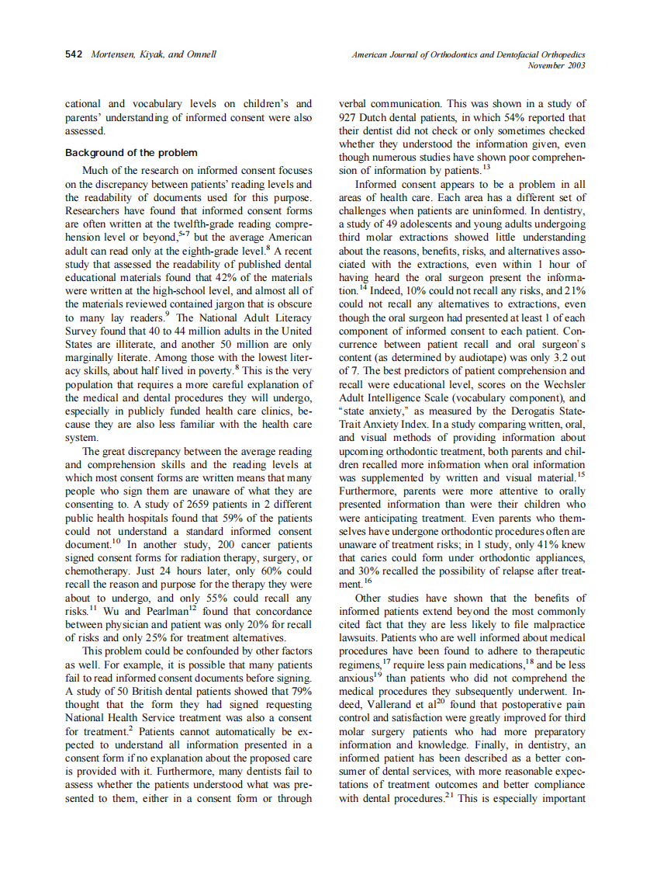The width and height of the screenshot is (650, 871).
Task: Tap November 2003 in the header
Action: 555,65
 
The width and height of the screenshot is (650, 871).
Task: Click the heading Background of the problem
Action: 131,153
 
